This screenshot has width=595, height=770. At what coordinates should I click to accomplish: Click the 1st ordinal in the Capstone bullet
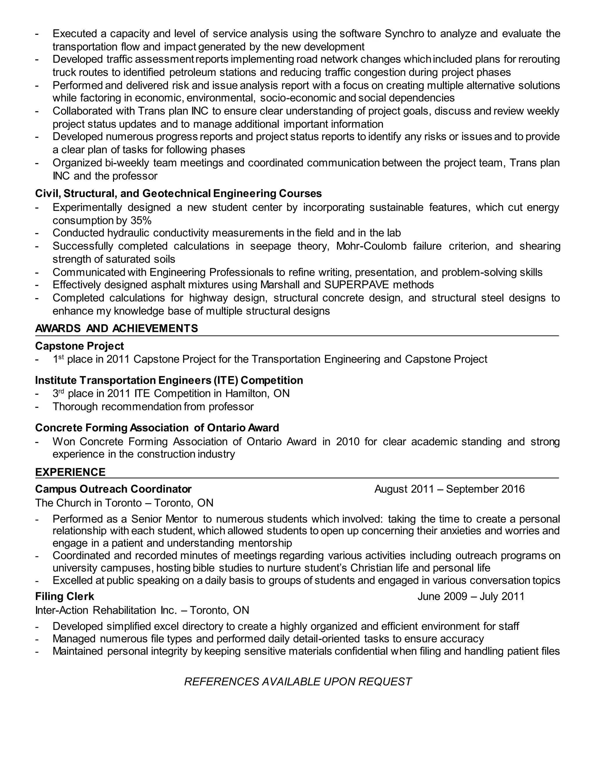pyautogui.click(x=58, y=359)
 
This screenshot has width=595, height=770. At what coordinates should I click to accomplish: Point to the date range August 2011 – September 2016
pyautogui.click(x=449, y=489)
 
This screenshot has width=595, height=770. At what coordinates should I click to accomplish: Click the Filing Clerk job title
pyautogui.click(x=64, y=597)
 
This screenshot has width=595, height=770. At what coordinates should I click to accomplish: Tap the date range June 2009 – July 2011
pyautogui.click(x=471, y=597)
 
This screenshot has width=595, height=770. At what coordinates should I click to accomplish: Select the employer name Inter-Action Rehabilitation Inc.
pyautogui.click(x=106, y=610)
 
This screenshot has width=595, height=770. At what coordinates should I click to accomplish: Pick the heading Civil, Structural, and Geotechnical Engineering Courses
pyautogui.click(x=178, y=194)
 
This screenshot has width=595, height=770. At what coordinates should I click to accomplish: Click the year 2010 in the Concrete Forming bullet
pyautogui.click(x=347, y=441)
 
